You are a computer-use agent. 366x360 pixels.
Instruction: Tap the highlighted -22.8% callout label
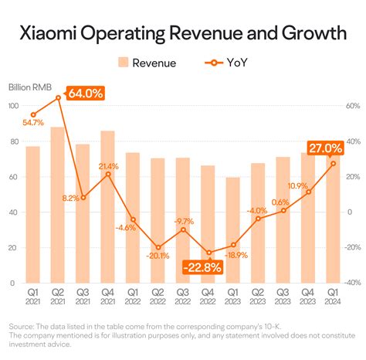tap(202, 267)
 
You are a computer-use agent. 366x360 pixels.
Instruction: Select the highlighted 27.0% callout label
tap(325, 148)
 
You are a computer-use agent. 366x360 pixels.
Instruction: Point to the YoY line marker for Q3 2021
tap(83, 197)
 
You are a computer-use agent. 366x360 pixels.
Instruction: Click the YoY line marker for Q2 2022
tap(158, 247)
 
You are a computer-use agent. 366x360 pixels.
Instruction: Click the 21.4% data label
tap(108, 166)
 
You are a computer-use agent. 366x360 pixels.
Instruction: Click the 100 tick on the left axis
tap(13, 106)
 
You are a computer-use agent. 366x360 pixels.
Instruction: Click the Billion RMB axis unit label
tap(30, 87)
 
